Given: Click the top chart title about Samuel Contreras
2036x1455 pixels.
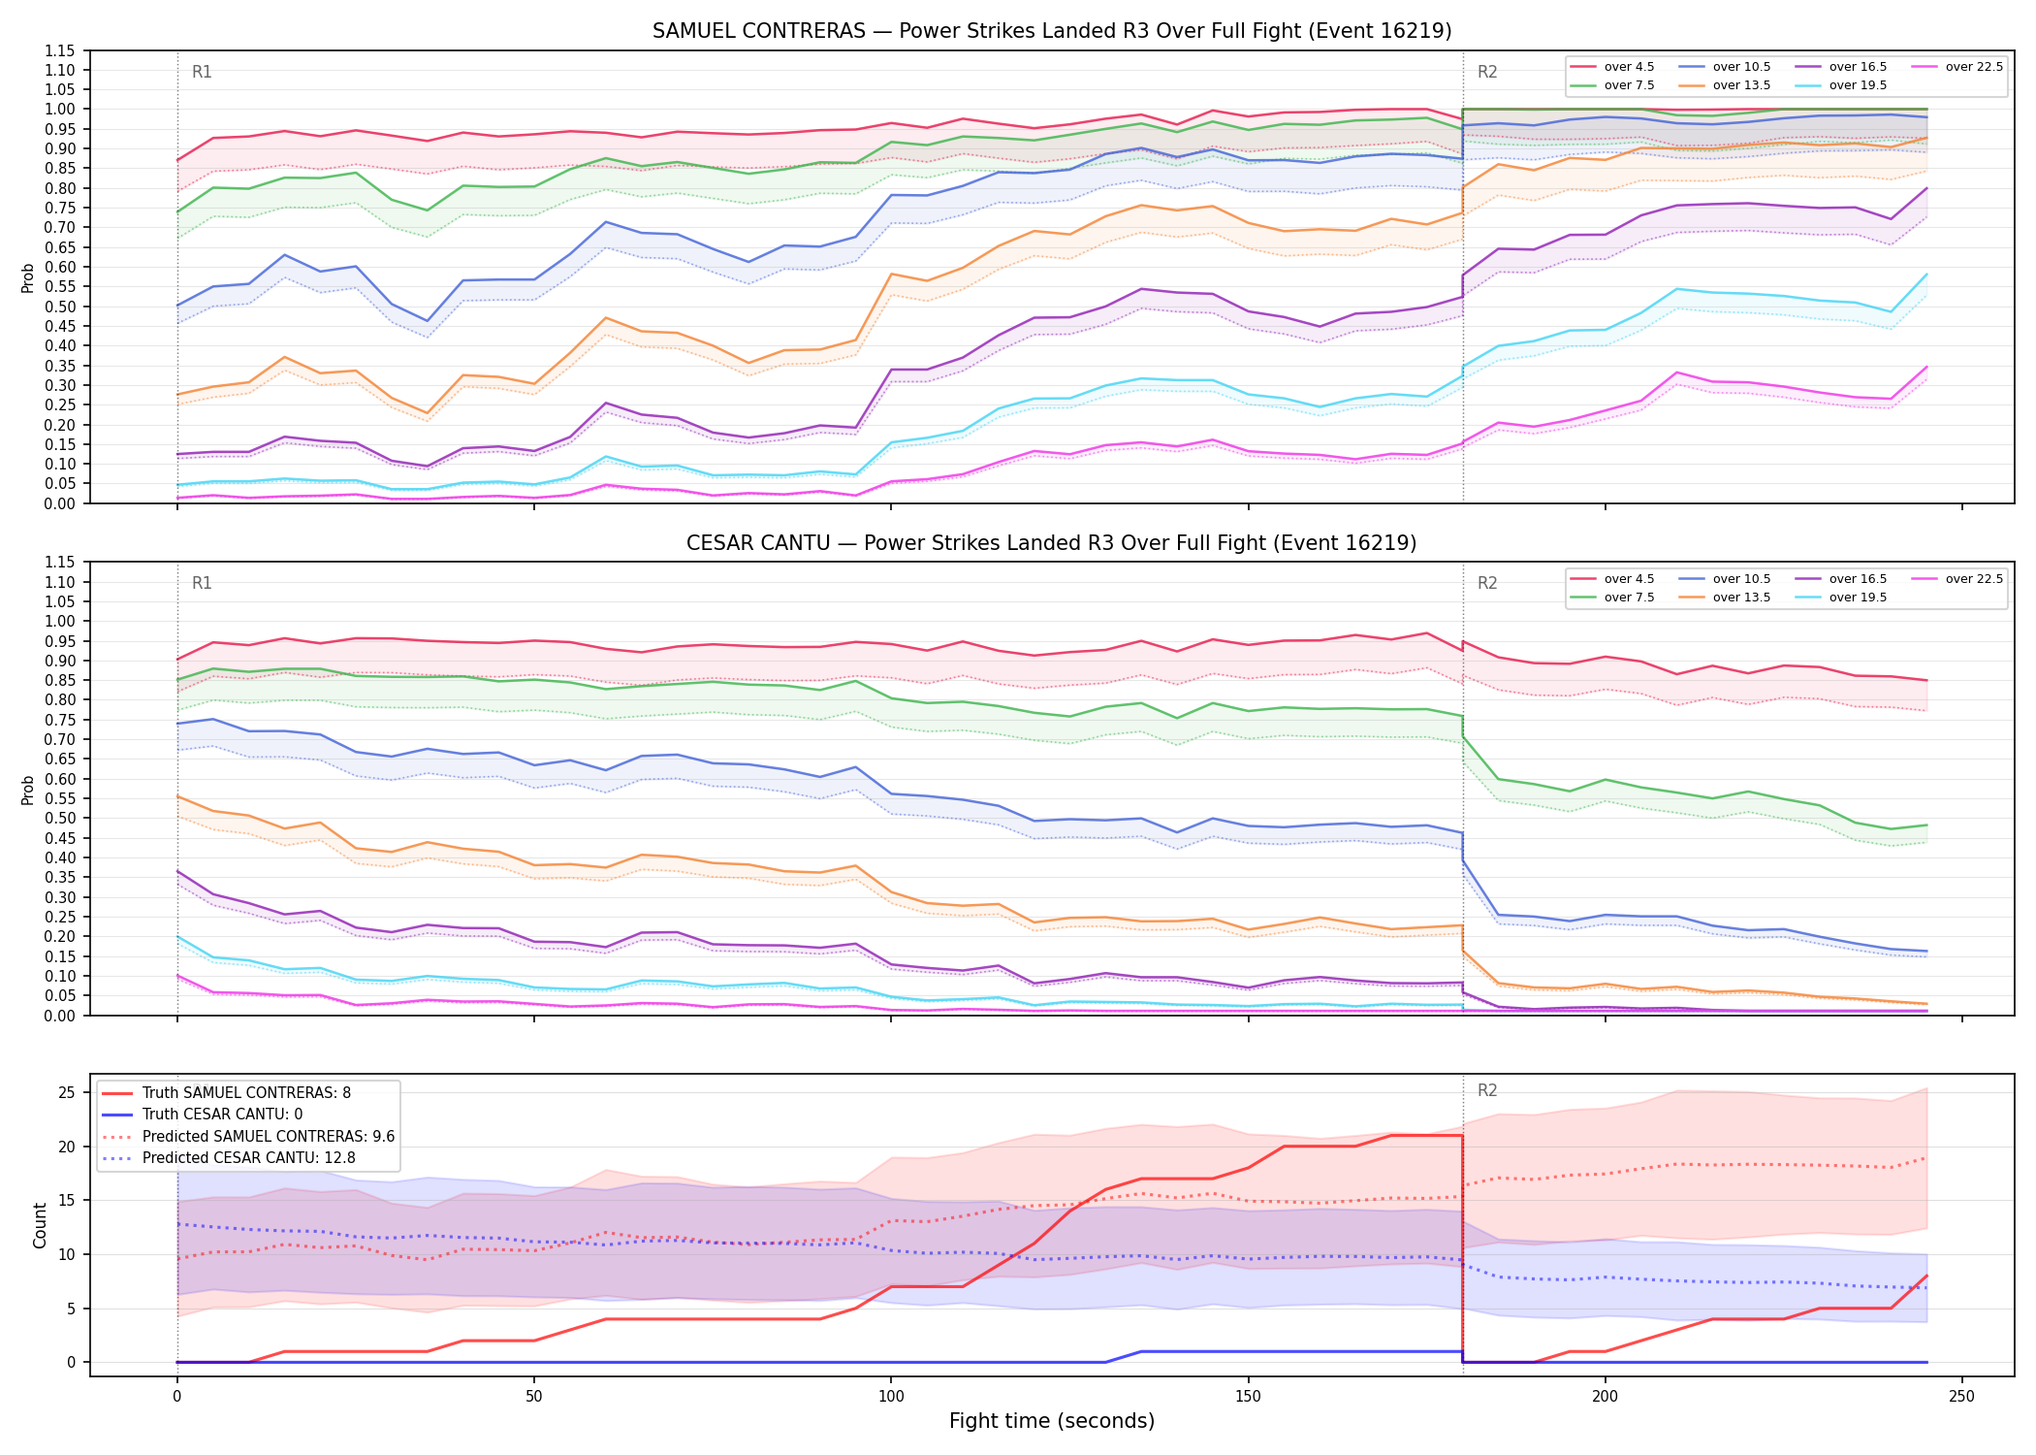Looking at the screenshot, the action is [x=1052, y=31].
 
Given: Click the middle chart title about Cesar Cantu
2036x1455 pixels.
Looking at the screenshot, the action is [x=1052, y=543].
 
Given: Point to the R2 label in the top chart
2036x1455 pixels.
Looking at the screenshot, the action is [x=1487, y=72].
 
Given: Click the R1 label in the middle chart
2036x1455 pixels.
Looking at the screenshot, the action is [x=202, y=583].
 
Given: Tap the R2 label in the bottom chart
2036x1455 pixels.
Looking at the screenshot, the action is [x=1487, y=1090].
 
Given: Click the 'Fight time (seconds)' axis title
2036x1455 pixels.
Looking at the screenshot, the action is [x=1052, y=1421].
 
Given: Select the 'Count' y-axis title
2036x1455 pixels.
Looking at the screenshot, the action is [x=40, y=1225].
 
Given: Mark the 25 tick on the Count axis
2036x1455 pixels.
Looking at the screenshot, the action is [x=67, y=1093].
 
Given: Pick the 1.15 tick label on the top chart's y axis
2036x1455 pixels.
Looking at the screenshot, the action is [x=59, y=50].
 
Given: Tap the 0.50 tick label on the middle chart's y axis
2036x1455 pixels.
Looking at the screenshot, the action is [x=59, y=818].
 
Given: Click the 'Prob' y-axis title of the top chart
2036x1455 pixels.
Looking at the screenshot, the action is [x=28, y=277].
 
